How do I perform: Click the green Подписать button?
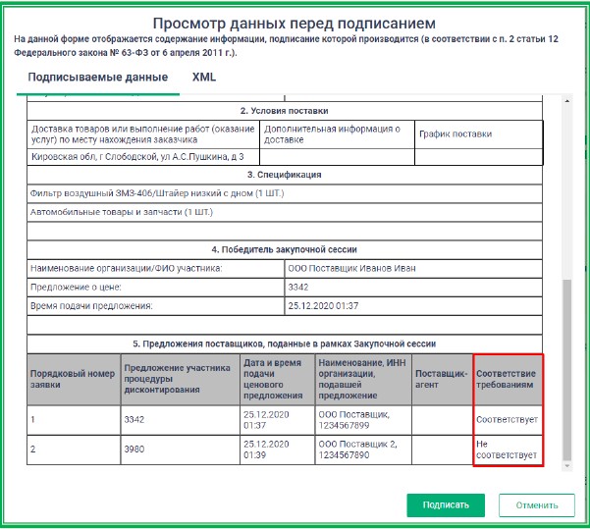point(446,505)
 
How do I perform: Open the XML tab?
point(204,77)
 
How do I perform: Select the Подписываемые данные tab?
point(97,77)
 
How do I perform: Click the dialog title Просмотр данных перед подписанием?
point(295,22)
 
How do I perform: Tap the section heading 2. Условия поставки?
point(284,111)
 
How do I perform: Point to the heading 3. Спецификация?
point(284,175)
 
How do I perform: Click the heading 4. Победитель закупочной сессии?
point(284,249)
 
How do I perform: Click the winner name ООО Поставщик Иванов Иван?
point(348,268)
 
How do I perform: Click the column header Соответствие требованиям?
point(507,380)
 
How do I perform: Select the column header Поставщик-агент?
point(441,380)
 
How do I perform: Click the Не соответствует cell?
point(507,450)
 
